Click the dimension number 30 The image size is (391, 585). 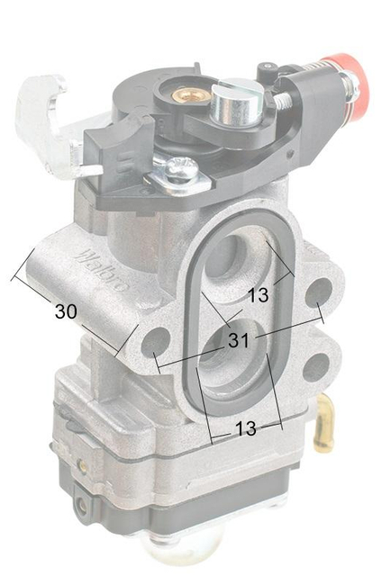click(65, 311)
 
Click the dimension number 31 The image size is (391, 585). click(238, 341)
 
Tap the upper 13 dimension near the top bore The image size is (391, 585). click(258, 294)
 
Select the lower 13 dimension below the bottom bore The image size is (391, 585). click(245, 429)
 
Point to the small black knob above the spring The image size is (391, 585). click(268, 69)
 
